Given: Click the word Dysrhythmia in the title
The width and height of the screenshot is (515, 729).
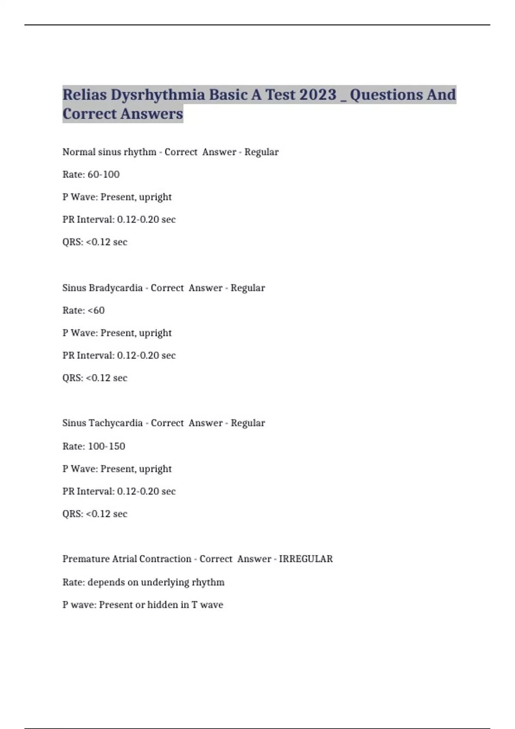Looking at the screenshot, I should pos(158,95).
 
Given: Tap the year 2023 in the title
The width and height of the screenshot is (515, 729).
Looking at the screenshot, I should pos(318,95).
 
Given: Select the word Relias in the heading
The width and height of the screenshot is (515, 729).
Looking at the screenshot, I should pos(85,95).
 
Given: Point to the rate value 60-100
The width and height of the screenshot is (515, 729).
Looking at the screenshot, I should pos(103,175).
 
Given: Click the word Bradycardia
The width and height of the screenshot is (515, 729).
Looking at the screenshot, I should pos(115,288).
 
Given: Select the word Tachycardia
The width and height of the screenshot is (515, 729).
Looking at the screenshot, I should pos(115,423).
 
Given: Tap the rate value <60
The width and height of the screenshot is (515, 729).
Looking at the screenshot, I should pos(96,310).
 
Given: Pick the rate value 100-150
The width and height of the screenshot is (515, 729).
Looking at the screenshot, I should pos(106,446).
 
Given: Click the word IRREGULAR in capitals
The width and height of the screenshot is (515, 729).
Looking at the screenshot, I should pos(306,559).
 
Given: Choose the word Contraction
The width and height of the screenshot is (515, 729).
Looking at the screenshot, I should pos(165,559).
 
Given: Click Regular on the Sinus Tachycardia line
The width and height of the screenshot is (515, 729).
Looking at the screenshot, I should pos(248,423).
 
